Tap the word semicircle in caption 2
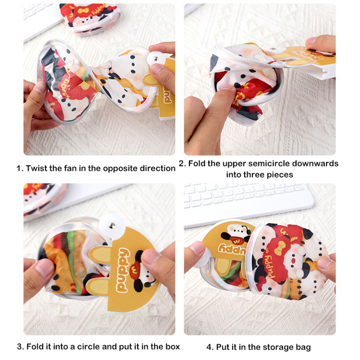click(x=269, y=163)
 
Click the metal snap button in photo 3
click(x=112, y=226)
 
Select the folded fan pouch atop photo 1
click(x=90, y=18)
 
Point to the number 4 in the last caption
click(x=209, y=347)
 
